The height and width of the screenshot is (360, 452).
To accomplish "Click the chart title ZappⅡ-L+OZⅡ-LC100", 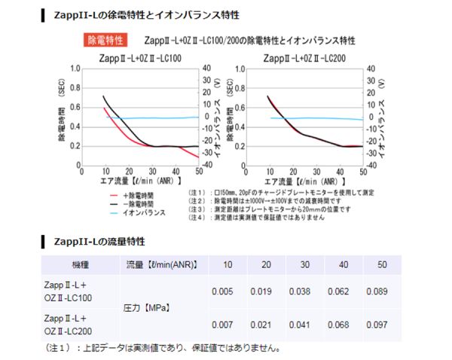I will coord(139,58).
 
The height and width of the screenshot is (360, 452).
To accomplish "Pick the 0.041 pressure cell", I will coord(301,325).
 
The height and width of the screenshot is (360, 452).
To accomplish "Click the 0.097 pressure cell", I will coord(381,325).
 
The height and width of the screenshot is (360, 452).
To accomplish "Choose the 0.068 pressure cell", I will coord(341,325).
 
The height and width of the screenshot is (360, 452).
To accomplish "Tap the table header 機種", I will coord(80,265).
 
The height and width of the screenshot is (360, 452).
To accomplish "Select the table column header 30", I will coord(301,265).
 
